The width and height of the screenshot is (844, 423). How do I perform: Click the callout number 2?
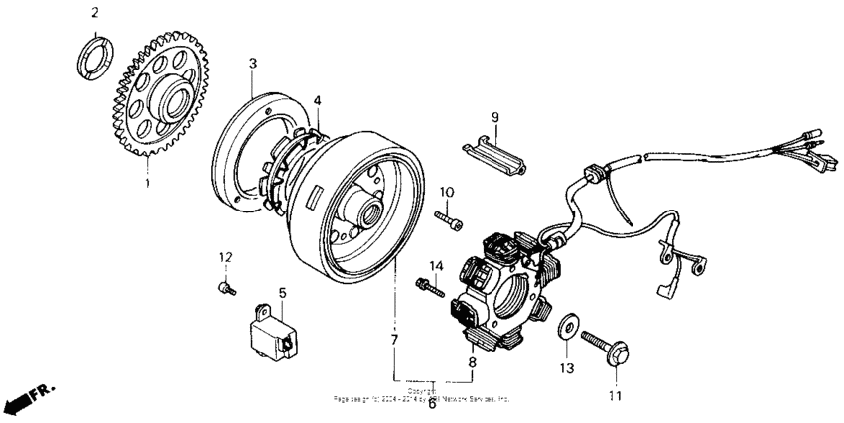point(95,13)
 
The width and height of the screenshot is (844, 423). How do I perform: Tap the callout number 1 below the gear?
point(147,184)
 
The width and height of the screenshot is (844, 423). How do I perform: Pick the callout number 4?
point(318,100)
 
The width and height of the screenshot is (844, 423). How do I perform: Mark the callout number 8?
point(472,363)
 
